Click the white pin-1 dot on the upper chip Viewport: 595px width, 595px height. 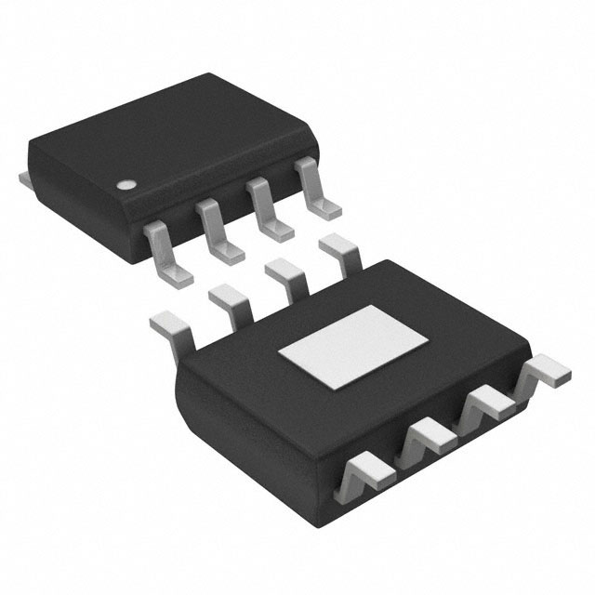pos(123,185)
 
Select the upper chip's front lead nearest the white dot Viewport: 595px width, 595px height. pos(167,249)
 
